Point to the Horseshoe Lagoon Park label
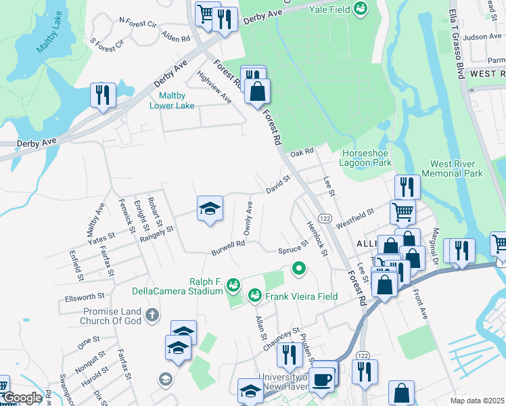click(x=367, y=158)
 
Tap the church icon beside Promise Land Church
click(x=153, y=315)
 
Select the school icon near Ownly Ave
click(x=210, y=208)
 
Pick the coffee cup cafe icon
click(x=323, y=377)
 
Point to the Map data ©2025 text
click(x=478, y=401)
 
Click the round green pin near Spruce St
click(x=298, y=269)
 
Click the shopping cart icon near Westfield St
click(x=402, y=211)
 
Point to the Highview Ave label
click(x=213, y=86)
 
